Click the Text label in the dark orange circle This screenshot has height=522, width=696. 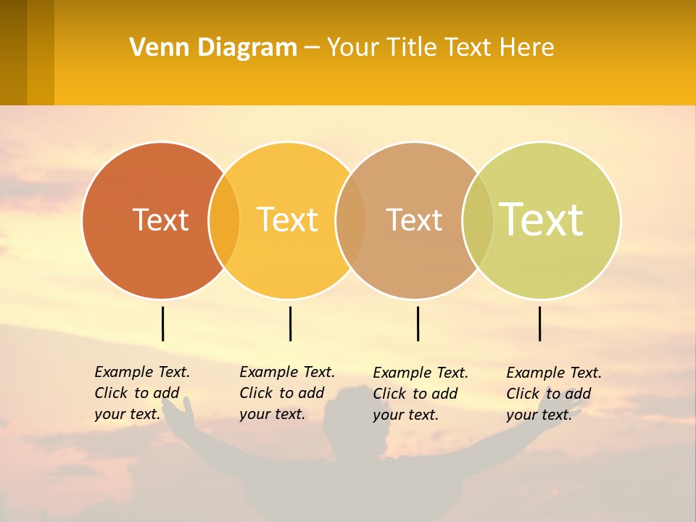pyautogui.click(x=160, y=220)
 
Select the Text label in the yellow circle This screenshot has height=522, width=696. pyautogui.click(x=288, y=220)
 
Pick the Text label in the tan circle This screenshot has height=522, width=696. pyautogui.click(x=414, y=220)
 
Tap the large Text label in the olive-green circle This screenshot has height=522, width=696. pyautogui.click(x=542, y=219)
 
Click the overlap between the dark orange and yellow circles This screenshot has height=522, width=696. pyautogui.click(x=224, y=220)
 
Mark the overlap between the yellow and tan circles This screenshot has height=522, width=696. pyautogui.click(x=352, y=220)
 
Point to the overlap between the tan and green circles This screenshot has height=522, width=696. pyautogui.click(x=478, y=220)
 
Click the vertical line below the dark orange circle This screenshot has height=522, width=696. pyautogui.click(x=162, y=323)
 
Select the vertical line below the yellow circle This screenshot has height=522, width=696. pyautogui.click(x=290, y=323)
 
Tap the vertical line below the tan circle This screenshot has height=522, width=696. pyautogui.click(x=418, y=323)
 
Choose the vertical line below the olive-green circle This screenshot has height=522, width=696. pyautogui.click(x=539, y=323)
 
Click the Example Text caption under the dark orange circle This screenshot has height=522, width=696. pyautogui.click(x=142, y=393)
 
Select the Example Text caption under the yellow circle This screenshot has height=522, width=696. pyautogui.click(x=287, y=393)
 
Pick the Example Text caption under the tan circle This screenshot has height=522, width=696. pyautogui.click(x=420, y=394)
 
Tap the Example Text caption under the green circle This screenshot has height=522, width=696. pyautogui.click(x=554, y=394)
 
